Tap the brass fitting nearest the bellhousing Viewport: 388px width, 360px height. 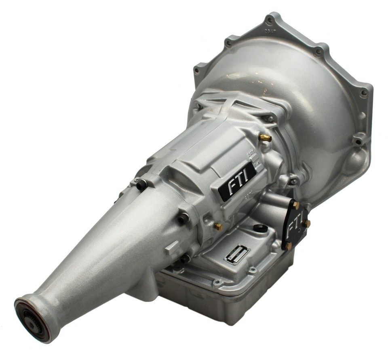[x=266, y=138]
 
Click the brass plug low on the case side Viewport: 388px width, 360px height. [x=218, y=227]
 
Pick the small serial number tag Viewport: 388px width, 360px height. [x=237, y=254]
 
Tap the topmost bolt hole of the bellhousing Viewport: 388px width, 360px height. [x=270, y=19]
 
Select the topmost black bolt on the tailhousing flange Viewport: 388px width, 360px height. [x=141, y=185]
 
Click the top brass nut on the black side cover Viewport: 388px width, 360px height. [x=296, y=205]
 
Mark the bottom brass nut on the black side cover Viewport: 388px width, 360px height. [x=289, y=246]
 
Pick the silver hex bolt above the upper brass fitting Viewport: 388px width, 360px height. [x=270, y=119]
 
